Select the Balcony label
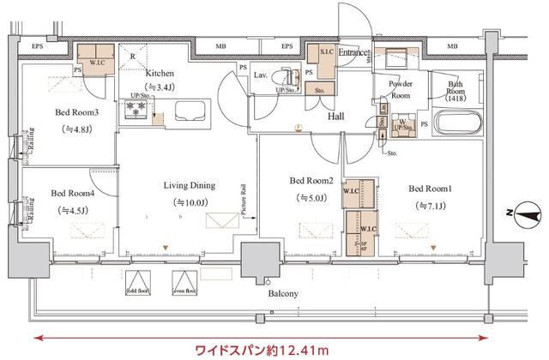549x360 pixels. [x=282, y=294]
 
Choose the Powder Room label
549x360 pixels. [x=401, y=90]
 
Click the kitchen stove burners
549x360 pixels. [x=136, y=111]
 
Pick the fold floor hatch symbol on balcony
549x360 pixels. [x=138, y=283]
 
